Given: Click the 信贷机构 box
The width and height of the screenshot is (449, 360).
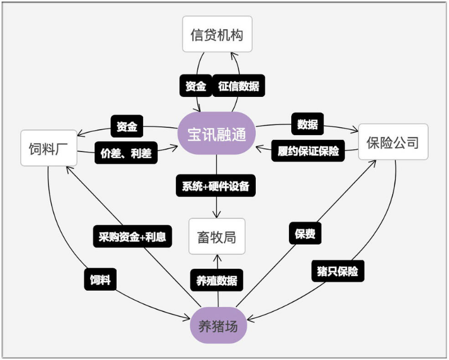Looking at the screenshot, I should [217, 35].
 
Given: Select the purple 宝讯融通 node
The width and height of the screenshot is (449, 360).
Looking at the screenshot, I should [217, 134].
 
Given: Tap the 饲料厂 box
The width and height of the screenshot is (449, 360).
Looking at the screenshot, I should [48, 149].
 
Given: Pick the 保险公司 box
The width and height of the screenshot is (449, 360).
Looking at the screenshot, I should [393, 141].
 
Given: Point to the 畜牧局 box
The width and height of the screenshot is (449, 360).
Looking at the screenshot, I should [217, 236].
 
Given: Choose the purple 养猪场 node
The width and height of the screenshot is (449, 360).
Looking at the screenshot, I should [217, 325].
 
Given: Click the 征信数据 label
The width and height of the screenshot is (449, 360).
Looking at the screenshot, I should [238, 87].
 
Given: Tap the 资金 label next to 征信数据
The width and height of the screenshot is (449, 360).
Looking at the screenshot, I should [195, 87].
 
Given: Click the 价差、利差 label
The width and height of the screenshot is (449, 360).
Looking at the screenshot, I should [126, 153].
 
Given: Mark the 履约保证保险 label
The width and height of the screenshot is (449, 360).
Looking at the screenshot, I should [308, 150].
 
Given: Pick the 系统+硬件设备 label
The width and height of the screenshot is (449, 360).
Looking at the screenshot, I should [216, 186].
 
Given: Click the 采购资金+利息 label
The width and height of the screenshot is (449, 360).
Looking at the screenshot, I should [132, 236].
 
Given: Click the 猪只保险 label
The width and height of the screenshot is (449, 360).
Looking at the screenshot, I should [337, 271].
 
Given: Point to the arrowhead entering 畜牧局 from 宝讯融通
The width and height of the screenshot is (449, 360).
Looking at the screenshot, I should [217, 215].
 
